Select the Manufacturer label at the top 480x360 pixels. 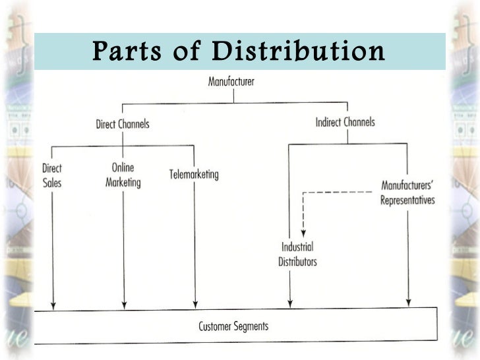[x=231, y=82]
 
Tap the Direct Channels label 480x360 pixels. [x=123, y=124]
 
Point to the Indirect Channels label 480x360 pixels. [x=345, y=122]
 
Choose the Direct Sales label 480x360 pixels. [x=51, y=175]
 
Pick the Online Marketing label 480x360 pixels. [x=123, y=175]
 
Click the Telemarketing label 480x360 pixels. [x=194, y=175]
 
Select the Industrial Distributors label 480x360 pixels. [x=297, y=255]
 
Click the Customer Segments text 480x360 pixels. [x=233, y=326]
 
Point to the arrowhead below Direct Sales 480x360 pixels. [x=53, y=303]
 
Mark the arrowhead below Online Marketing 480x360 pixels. [x=124, y=303]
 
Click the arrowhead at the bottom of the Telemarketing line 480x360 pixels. [x=195, y=303]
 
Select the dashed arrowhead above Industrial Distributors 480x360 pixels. [x=303, y=231]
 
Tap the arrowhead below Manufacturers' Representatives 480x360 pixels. [x=409, y=302]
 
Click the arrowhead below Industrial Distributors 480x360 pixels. [x=289, y=303]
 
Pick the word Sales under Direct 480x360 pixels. [x=51, y=182]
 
